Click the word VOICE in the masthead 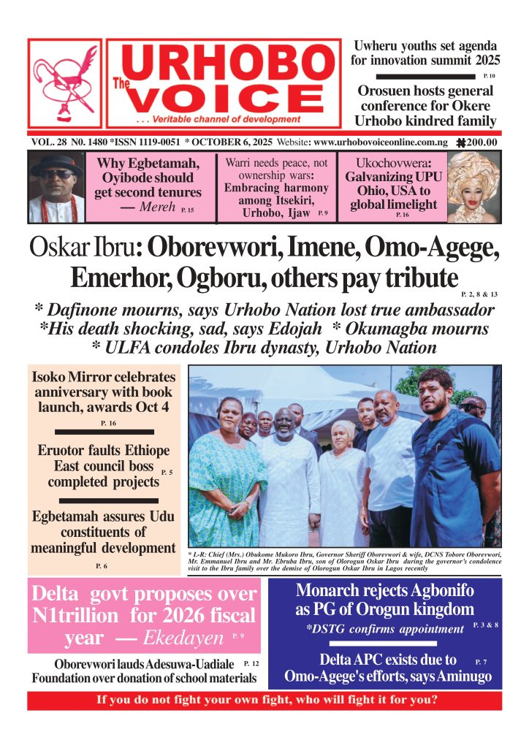pos(223,97)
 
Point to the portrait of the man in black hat pos(56,187)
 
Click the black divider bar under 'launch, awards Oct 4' pos(104,432)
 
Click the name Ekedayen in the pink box pos(183,638)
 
